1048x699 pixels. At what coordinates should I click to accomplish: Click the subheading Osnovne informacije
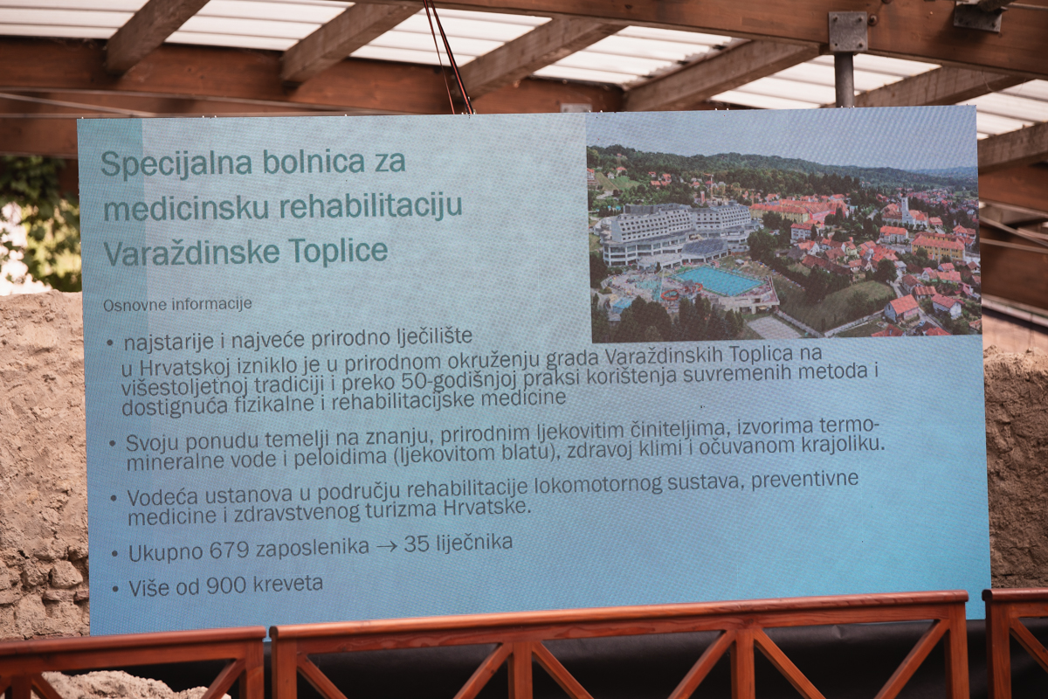click(x=177, y=305)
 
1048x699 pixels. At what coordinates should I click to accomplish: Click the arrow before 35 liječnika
click(x=386, y=546)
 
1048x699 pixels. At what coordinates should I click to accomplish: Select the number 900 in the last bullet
click(x=226, y=585)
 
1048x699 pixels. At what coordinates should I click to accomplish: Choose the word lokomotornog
click(x=598, y=486)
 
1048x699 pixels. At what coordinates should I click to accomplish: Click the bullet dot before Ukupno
click(x=114, y=554)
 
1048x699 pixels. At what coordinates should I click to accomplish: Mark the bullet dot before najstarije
click(x=110, y=343)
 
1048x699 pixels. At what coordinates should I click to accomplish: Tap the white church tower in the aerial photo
click(x=906, y=209)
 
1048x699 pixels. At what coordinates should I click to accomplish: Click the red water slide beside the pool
click(x=670, y=295)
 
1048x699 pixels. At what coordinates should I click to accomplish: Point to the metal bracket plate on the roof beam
click(x=848, y=31)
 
